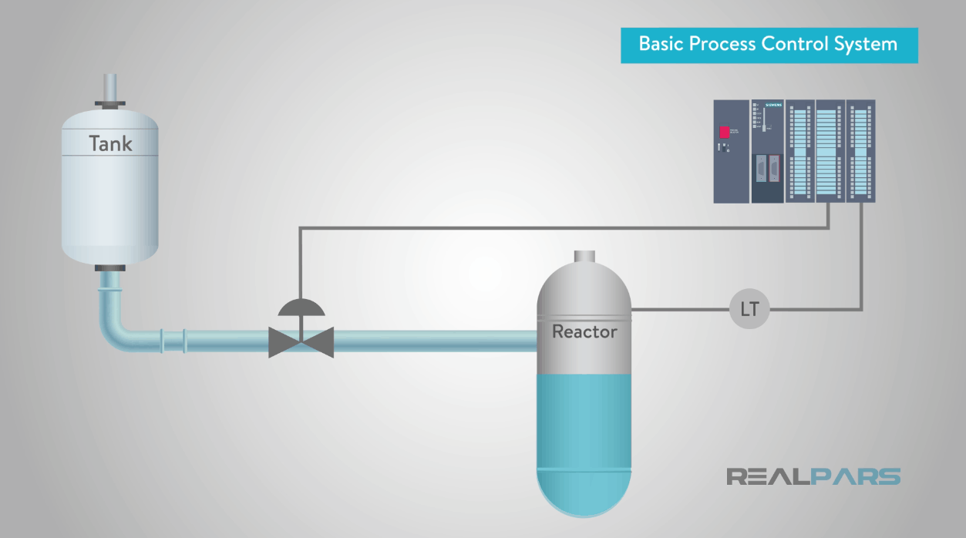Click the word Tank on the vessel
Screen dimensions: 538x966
pos(110,143)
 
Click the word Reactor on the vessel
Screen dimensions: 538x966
pos(584,332)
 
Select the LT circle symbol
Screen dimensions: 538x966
pos(749,310)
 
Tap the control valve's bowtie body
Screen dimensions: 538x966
pos(301,341)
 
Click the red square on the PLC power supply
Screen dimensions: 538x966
pos(725,132)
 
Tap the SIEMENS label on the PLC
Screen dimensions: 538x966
pos(773,105)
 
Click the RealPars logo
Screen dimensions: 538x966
pos(813,476)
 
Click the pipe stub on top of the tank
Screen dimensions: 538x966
pos(110,86)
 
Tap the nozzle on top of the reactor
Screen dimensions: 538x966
pos(584,257)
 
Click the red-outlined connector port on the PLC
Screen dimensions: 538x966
pos(774,168)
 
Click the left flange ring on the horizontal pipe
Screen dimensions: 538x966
pos(161,341)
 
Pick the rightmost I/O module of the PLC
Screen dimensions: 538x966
pos(860,151)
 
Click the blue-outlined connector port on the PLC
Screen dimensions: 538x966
pos(761,168)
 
